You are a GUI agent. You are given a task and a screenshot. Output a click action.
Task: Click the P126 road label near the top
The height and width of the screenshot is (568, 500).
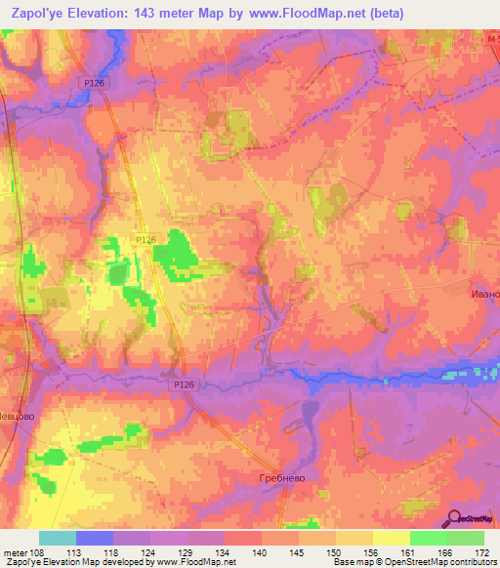95,84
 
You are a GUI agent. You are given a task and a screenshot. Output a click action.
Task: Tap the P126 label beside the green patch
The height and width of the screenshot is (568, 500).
145,239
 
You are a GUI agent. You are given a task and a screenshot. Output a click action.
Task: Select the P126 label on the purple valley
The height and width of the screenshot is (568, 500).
186,385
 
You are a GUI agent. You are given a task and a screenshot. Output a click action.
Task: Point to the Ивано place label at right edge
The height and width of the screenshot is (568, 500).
484,293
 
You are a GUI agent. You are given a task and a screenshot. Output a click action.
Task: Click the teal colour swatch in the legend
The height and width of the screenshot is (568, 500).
58,538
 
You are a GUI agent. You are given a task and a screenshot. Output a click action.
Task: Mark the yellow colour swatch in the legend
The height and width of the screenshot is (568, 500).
391,538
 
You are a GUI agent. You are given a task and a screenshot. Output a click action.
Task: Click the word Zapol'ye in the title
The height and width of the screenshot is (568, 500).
37,12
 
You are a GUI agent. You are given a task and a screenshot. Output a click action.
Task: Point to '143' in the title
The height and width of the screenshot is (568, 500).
154,12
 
